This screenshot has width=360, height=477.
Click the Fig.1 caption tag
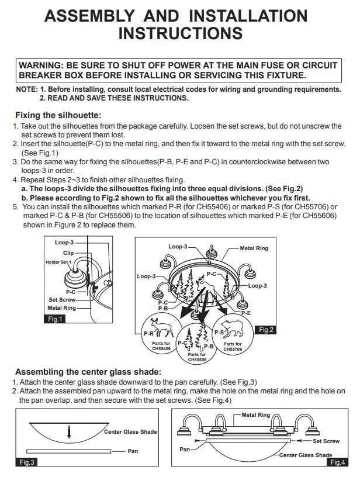[x=55, y=319]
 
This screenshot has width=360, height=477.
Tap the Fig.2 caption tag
[x=266, y=330]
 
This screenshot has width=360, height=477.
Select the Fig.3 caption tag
[x=26, y=462]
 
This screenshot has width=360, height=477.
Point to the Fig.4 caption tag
[x=338, y=462]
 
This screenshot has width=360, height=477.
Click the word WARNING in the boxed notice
[x=41, y=65]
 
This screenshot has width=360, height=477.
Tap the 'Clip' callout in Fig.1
[x=68, y=253]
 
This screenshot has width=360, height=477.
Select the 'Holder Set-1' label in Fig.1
[x=58, y=262]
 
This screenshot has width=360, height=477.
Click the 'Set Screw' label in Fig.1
[x=62, y=300]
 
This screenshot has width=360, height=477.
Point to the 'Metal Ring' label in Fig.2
[x=254, y=248]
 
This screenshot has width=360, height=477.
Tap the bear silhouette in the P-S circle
[x=233, y=329]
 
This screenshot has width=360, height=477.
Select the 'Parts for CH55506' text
[x=197, y=357]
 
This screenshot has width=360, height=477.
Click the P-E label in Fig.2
[x=245, y=313]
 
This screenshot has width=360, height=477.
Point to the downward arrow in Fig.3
[x=69, y=431]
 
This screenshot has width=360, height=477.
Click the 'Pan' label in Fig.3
[x=133, y=451]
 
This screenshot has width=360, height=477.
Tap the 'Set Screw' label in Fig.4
[x=326, y=441]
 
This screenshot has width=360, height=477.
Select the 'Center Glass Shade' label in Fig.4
[x=306, y=455]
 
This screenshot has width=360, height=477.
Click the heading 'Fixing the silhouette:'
[x=58, y=115]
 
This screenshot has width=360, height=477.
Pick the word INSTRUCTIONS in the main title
[x=181, y=33]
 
